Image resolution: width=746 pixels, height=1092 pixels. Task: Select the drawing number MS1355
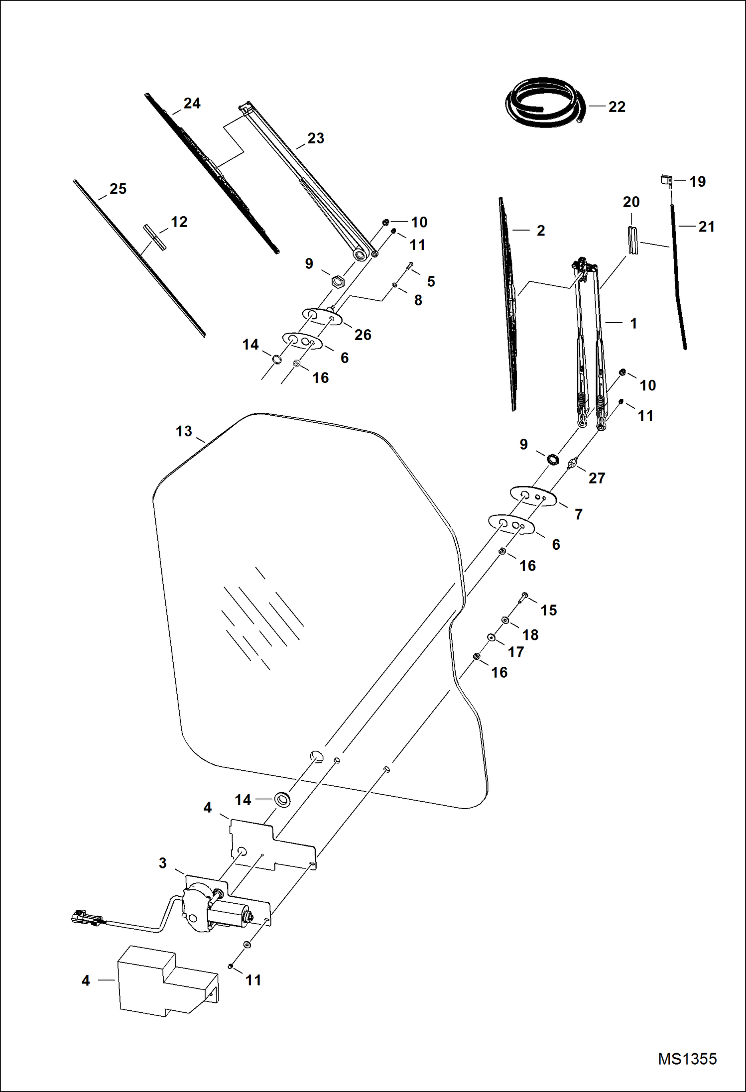tap(687, 1058)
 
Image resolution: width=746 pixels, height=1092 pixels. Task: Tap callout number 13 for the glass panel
tap(184, 431)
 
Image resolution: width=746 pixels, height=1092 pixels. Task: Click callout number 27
tap(597, 478)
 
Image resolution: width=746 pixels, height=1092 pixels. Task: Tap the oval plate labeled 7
tap(533, 496)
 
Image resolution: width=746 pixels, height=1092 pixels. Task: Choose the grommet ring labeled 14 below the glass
tap(283, 800)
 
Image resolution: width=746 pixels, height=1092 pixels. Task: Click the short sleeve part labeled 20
tap(632, 240)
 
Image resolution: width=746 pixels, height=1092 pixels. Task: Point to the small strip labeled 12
tap(154, 237)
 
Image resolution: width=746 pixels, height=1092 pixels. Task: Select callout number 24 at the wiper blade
tap(192, 103)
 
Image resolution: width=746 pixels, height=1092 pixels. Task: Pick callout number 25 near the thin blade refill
tap(118, 189)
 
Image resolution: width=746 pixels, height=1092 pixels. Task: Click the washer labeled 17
tap(492, 638)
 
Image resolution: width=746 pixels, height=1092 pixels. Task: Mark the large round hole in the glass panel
tap(317, 756)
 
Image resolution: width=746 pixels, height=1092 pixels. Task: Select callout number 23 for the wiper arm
tap(316, 138)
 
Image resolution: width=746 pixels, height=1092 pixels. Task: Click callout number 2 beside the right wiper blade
tap(541, 231)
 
